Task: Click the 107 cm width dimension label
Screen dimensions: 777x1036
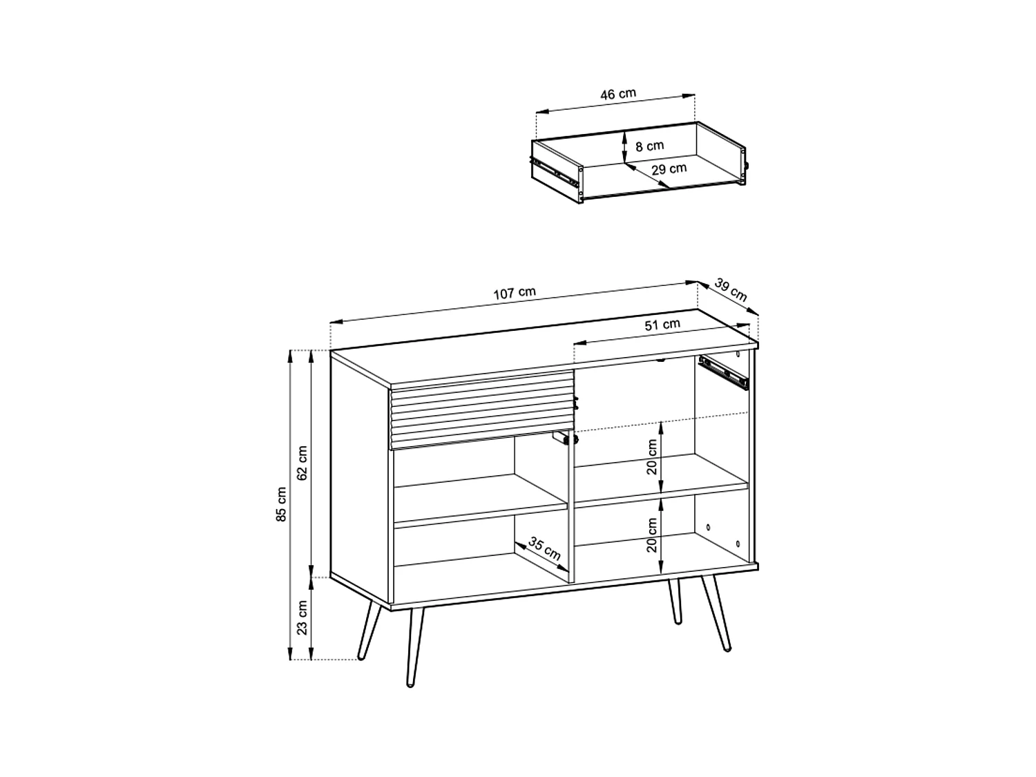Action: [515, 293]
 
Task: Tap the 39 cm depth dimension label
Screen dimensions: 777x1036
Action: [730, 290]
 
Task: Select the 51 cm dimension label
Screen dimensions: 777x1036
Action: [662, 325]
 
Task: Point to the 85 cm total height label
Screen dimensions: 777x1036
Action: [281, 504]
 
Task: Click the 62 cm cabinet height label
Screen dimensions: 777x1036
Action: [302, 463]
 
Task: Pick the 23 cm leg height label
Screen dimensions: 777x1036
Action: [302, 617]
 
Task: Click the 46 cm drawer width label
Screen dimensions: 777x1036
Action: [617, 95]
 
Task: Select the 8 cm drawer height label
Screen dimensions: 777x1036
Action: [649, 146]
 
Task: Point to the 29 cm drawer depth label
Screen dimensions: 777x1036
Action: [669, 169]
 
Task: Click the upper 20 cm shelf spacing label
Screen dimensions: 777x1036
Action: [651, 457]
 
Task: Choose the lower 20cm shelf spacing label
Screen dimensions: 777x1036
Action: [651, 536]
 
